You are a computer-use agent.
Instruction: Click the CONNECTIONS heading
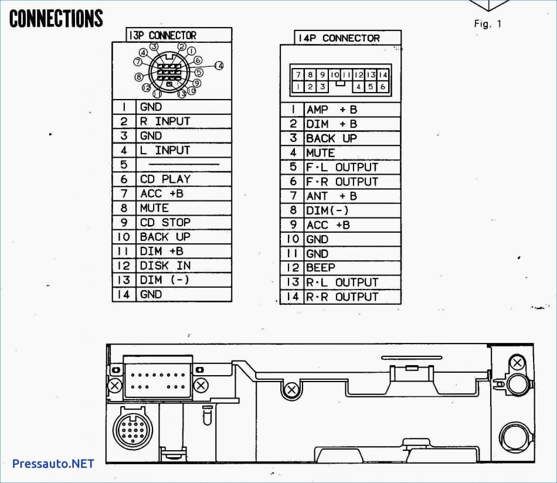tap(56, 19)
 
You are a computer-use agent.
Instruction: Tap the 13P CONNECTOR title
tap(162, 36)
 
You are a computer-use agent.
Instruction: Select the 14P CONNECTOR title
tap(338, 38)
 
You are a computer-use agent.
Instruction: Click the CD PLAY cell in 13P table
tap(165, 179)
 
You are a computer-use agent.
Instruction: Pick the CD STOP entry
tap(165, 222)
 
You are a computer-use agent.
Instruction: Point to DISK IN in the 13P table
tap(165, 266)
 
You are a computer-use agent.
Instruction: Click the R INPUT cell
tap(165, 121)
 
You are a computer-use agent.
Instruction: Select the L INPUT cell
tap(165, 150)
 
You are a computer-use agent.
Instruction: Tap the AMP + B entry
tap(332, 110)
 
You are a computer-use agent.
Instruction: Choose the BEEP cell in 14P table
tap(320, 268)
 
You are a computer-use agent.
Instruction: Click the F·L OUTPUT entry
tap(342, 167)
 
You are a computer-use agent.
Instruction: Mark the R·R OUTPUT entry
tap(342, 297)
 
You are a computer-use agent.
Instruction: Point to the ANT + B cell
tap(332, 196)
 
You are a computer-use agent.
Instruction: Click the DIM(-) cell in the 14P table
tap(327, 210)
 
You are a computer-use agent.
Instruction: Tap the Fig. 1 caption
tap(488, 24)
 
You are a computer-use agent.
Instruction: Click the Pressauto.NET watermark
tap(53, 464)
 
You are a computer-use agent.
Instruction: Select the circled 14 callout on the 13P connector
tap(219, 66)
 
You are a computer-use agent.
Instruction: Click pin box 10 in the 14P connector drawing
tap(335, 75)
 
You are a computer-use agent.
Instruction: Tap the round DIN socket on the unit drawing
tap(133, 430)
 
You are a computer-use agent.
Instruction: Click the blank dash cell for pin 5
tap(184, 165)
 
